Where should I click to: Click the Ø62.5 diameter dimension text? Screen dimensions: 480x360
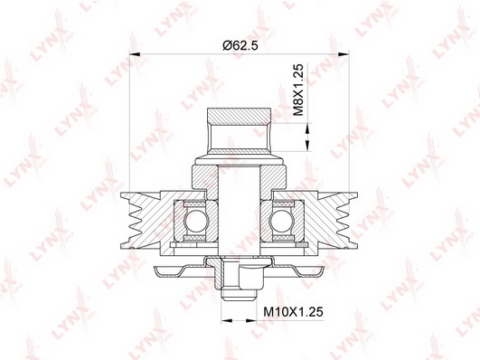coord(240,45)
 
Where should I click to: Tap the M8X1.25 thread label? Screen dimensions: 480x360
coord(298,90)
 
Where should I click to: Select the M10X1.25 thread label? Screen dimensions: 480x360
coord(293,312)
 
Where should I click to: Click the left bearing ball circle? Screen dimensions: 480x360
coord(193,221)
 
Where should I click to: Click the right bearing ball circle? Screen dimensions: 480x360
coord(279,221)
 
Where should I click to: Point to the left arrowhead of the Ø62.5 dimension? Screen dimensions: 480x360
coord(135,54)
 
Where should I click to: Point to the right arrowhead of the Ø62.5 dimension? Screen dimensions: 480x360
coord(344,54)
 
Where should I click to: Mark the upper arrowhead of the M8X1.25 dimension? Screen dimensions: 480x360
coord(307,128)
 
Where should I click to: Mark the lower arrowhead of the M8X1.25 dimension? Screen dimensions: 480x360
coord(307,146)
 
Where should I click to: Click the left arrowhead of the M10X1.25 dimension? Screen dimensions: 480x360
coord(226,321)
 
